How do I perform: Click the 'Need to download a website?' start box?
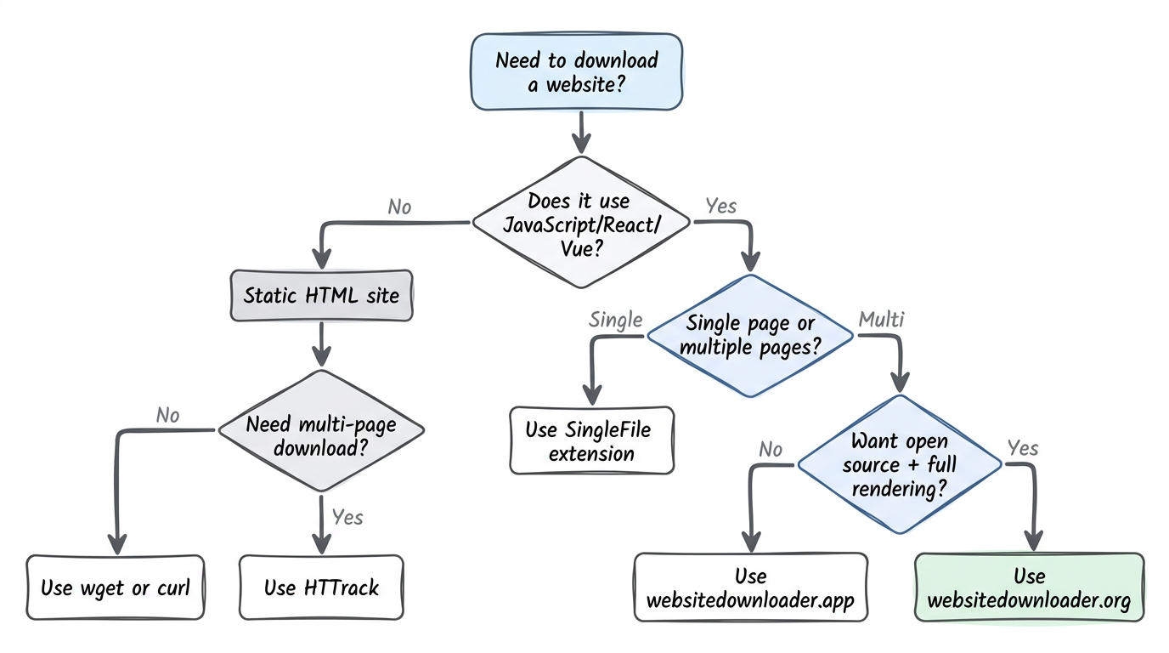point(577,72)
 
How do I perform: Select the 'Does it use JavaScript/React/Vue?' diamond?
point(582,224)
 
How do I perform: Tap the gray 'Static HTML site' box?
point(321,296)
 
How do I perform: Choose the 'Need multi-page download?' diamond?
point(321,434)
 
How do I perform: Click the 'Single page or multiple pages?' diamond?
point(750,336)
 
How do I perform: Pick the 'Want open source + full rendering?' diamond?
point(900,465)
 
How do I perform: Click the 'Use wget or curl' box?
point(116,588)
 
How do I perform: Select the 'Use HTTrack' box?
point(321,588)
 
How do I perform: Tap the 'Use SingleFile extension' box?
point(591,440)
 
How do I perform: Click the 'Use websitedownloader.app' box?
point(751,588)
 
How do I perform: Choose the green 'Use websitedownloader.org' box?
point(1029,588)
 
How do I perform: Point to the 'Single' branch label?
point(616,321)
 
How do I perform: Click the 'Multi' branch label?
point(881,321)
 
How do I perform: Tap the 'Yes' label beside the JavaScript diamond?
point(721,206)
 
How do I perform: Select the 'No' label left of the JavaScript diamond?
point(399,207)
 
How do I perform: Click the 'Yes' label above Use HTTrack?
point(347,517)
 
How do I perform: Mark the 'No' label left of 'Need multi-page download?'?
point(168,415)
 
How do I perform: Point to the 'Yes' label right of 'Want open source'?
point(1022,448)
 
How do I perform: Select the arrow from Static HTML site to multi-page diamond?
point(321,344)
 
